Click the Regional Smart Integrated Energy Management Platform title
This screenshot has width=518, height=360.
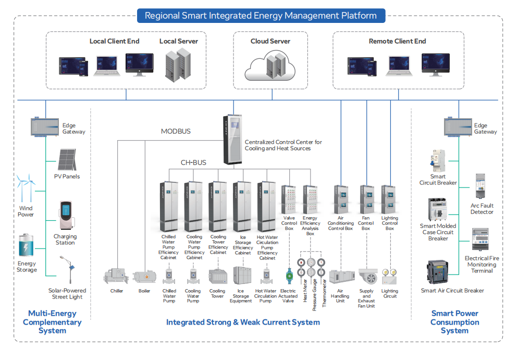pos(261,16)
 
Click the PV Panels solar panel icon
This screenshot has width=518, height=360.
pos(67,160)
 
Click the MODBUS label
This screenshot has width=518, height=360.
pos(176,131)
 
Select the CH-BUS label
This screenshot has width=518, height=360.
pos(193,163)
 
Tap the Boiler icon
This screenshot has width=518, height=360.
pos(144,276)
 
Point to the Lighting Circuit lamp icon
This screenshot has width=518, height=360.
pos(389,276)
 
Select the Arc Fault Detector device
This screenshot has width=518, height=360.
pos(482,187)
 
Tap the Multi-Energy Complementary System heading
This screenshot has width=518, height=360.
pos(52,322)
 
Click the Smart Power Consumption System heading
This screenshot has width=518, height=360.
pos(454,322)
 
